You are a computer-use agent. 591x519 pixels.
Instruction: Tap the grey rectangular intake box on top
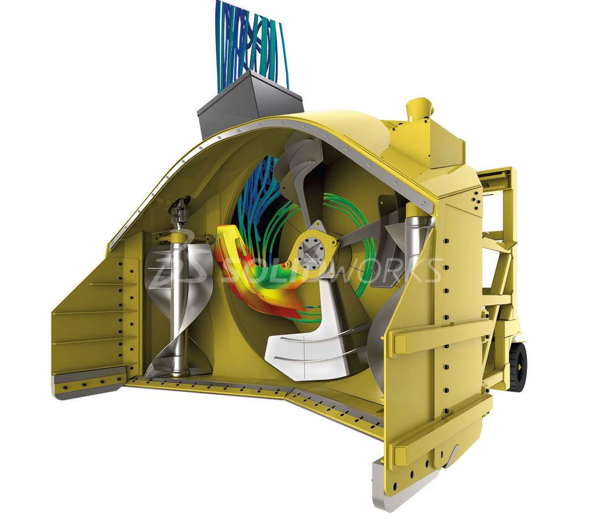[249, 104]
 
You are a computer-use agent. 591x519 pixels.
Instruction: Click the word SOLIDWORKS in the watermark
[332, 270]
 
